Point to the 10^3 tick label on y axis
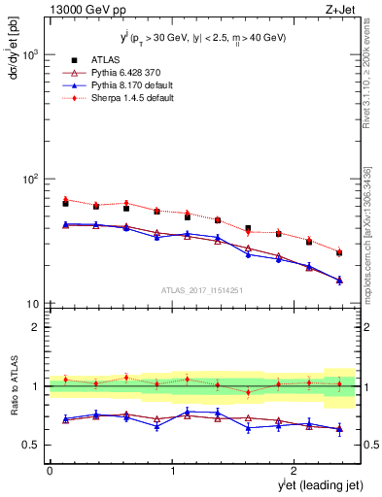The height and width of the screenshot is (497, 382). coord(29,55)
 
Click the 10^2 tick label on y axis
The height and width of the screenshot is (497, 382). coord(29,180)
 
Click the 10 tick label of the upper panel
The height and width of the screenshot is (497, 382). coord(32,304)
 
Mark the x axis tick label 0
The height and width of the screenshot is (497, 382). coord(50,471)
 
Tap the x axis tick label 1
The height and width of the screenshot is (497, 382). coord(173,471)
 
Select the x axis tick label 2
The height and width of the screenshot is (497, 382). coord(296,471)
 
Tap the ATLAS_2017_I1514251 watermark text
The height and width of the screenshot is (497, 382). coord(201,289)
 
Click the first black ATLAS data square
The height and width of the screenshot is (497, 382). coord(65,203)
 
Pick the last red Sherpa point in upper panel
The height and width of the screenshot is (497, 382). coord(339,250)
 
